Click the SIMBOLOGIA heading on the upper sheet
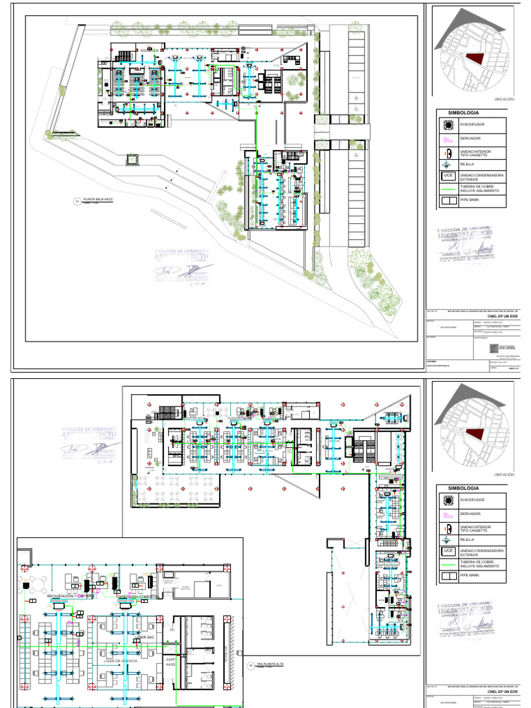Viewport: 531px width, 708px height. pyautogui.click(x=464, y=112)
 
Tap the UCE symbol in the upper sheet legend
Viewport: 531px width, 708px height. pyautogui.click(x=448, y=176)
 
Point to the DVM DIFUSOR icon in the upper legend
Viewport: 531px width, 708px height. pyautogui.click(x=448, y=125)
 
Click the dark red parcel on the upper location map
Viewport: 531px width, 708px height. pyautogui.click(x=475, y=62)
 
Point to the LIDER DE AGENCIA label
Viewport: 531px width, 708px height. pyautogui.click(x=121, y=662)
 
